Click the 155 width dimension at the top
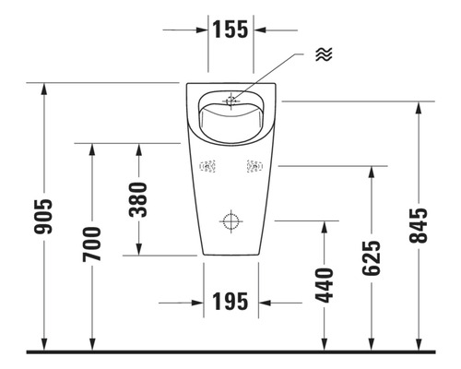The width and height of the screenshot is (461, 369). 230,29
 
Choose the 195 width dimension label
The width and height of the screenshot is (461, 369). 231,302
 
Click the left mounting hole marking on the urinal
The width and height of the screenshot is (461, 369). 207,167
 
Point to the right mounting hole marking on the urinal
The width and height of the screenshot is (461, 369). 254,167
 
